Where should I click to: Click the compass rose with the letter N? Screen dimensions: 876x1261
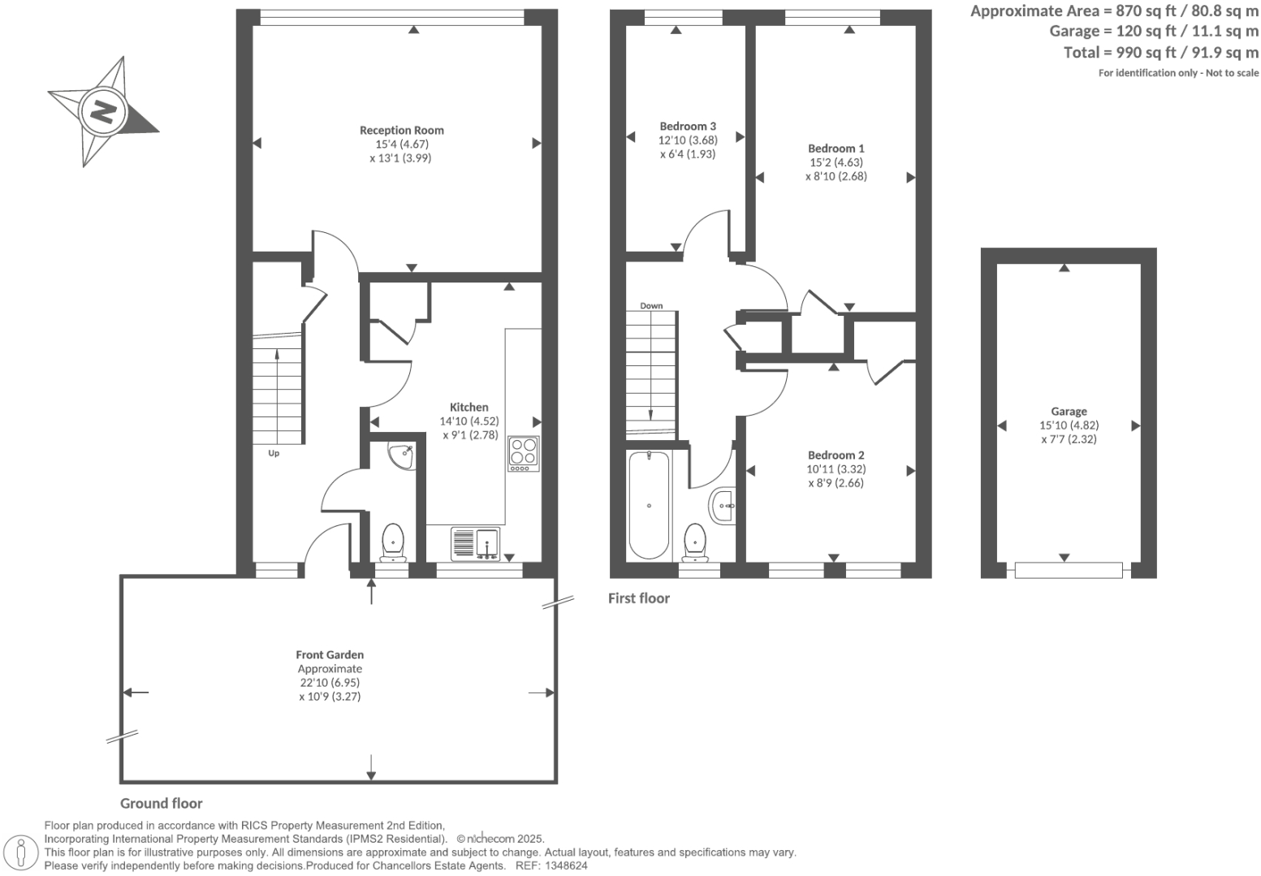tap(103, 110)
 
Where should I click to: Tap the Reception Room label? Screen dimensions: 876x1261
tap(401, 130)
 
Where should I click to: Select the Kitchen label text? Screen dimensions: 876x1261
tap(469, 408)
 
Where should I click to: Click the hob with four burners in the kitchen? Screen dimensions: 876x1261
tap(524, 454)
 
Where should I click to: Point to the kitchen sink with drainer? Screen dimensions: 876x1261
tap(476, 544)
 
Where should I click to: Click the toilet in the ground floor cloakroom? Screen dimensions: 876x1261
tap(393, 542)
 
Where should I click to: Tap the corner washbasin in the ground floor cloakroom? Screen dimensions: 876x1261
tap(401, 455)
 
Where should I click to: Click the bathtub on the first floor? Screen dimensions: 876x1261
tap(649, 505)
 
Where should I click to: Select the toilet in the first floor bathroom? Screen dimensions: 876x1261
tap(695, 542)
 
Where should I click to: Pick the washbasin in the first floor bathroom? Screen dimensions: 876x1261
tap(723, 507)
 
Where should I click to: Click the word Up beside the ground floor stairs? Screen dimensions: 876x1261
tap(274, 453)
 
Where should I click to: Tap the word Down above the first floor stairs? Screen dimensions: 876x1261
tap(651, 306)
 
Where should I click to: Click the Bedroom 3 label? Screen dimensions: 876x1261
tap(688, 127)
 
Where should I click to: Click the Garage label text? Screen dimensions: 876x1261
tap(1068, 412)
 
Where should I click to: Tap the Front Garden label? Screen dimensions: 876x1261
tap(330, 654)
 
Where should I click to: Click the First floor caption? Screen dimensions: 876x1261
tap(639, 598)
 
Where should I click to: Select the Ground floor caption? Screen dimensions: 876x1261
tap(162, 804)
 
